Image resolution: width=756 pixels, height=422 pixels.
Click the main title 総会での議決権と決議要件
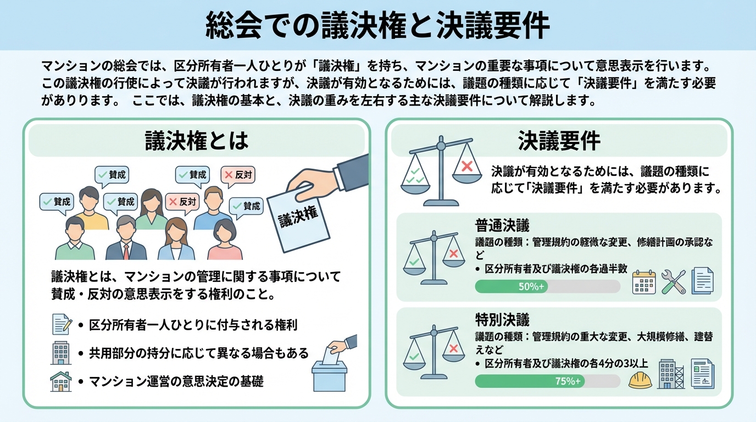coord(377,25)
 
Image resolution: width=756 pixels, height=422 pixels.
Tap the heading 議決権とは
coord(197,141)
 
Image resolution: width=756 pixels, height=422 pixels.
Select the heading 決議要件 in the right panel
coord(559,141)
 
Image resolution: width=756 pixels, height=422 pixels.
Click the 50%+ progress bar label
coord(531,286)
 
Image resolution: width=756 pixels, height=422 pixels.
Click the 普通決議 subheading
coord(502,226)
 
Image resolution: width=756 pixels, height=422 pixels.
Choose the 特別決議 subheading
coord(502,319)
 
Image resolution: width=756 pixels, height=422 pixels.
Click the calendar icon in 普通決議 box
coord(644,282)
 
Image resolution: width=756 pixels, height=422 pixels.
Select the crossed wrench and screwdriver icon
coord(673,281)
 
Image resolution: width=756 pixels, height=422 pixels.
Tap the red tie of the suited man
coord(126,252)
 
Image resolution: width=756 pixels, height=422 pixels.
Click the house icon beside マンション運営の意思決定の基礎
coord(60,381)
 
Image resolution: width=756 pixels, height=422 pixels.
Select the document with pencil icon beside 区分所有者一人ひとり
coord(62,324)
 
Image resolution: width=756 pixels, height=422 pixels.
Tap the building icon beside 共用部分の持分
coord(60,352)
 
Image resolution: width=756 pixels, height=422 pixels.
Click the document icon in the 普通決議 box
coord(702,280)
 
